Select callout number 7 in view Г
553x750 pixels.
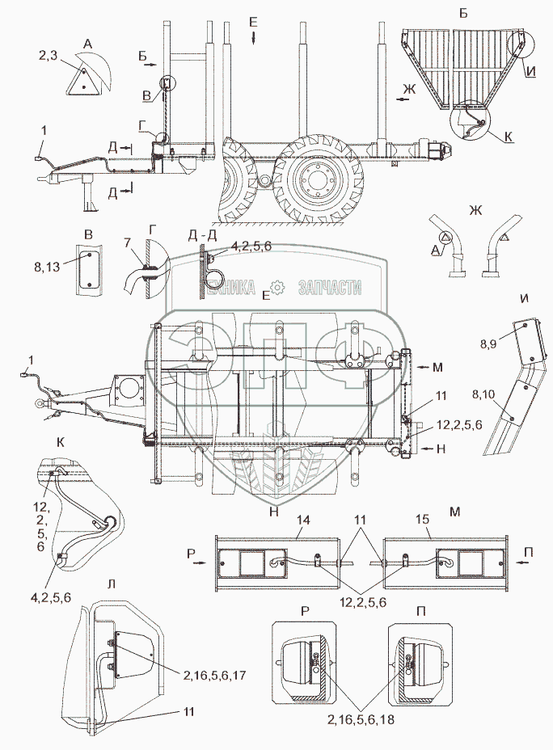pyautogui.click(x=128, y=243)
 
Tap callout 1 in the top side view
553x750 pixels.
pyautogui.click(x=43, y=130)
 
